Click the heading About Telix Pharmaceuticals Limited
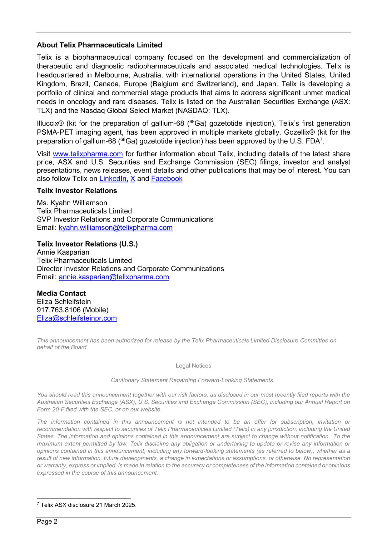pyautogui.click(x=99, y=45)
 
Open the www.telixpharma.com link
pyautogui.click(x=88, y=154)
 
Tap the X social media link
pyautogui.click(x=132, y=179)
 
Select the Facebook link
pyautogui.click(x=166, y=179)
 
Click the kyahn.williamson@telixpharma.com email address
pyautogui.click(x=116, y=228)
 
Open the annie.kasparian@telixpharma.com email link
pyautogui.click(x=114, y=277)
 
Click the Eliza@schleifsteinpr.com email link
pyautogui.click(x=77, y=318)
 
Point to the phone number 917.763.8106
pyautogui.click(x=59, y=310)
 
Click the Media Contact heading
pyautogui.click(x=61, y=293)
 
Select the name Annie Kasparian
pyautogui.click(x=63, y=252)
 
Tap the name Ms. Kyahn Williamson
pyautogui.click(x=72, y=203)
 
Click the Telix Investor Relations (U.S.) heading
pyautogui.click(x=87, y=244)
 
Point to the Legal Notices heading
pyautogui.click(x=193, y=366)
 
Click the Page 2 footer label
pyautogui.click(x=47, y=521)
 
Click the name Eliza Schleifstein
pyautogui.click(x=64, y=302)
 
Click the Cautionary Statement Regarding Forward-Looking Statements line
pyautogui.click(x=193, y=380)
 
